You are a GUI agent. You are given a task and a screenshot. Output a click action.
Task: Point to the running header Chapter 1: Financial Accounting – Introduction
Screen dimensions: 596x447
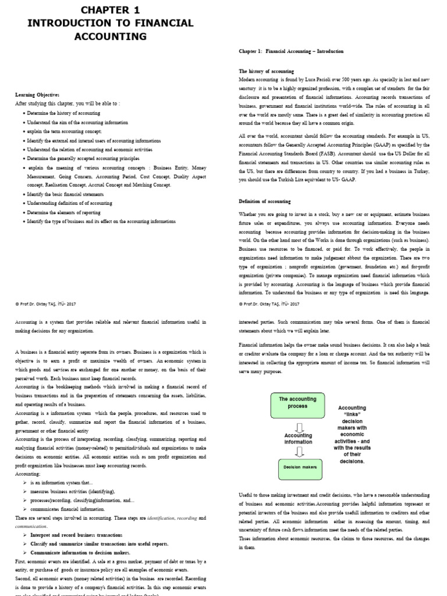(x=291, y=51)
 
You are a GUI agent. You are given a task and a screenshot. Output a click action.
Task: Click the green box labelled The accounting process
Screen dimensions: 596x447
(x=297, y=403)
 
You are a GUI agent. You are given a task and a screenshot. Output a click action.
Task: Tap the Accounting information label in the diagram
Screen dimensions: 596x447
(x=297, y=438)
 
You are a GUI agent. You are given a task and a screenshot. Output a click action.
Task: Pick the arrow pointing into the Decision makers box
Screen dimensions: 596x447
(x=297, y=453)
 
